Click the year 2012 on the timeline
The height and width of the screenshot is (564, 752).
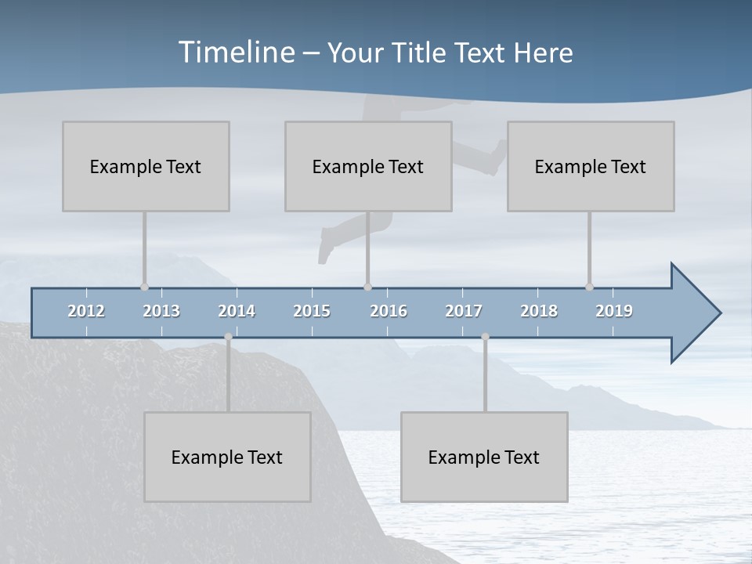(86, 311)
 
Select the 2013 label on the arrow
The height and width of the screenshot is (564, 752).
(161, 311)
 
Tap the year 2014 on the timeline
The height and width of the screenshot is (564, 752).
(237, 311)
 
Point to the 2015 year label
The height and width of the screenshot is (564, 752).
(312, 311)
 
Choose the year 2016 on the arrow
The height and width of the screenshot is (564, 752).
(389, 311)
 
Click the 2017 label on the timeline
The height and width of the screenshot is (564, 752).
(464, 311)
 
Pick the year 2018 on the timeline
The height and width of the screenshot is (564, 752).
(539, 311)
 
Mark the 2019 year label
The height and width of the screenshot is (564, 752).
(614, 311)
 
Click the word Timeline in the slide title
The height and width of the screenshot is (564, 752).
(235, 52)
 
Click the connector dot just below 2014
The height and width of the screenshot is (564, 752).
(228, 337)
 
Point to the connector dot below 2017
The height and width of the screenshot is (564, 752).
(485, 337)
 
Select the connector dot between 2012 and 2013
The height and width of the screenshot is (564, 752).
(144, 287)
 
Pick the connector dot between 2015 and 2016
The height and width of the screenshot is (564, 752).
(367, 287)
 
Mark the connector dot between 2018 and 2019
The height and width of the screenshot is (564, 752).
(589, 287)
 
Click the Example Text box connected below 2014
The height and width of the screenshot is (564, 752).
(227, 457)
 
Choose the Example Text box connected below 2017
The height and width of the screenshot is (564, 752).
(484, 457)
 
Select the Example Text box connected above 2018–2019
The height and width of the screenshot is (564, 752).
(591, 166)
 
